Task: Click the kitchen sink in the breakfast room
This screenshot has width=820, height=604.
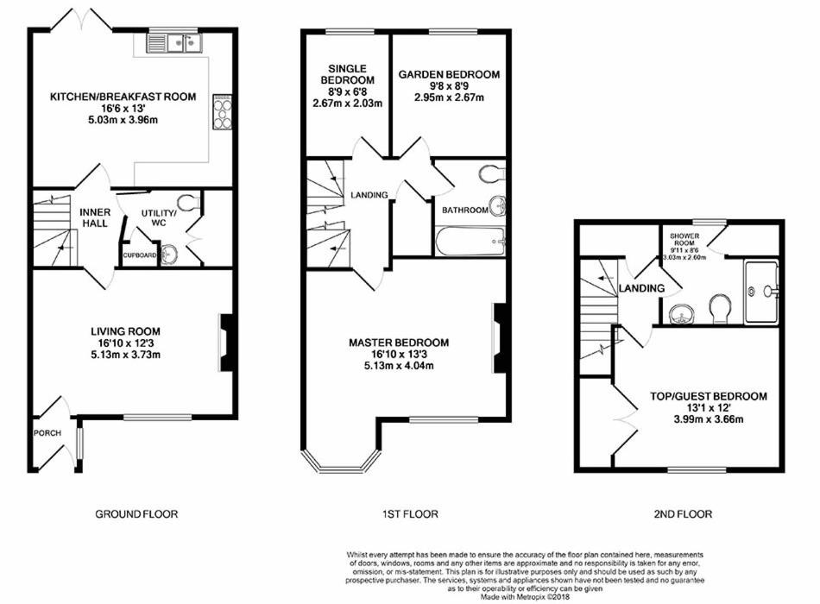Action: click(x=174, y=43)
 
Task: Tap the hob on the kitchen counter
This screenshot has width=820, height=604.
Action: click(x=222, y=112)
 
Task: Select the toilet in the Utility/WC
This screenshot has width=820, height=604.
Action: click(x=188, y=202)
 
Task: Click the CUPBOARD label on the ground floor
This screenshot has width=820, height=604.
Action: click(x=140, y=255)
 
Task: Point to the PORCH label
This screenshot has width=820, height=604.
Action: click(x=47, y=433)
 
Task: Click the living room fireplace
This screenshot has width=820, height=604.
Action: click(x=226, y=343)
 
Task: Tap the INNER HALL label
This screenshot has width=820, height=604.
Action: click(x=95, y=217)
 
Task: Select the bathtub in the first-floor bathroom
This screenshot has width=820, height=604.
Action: click(x=470, y=241)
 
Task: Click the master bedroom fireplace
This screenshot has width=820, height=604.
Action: click(x=500, y=338)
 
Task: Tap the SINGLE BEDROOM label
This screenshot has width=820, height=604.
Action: click(x=347, y=74)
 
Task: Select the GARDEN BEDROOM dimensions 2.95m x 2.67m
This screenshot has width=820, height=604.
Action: click(x=449, y=98)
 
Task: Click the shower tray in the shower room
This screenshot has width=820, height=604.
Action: click(x=761, y=292)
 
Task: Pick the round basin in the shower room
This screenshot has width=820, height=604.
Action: click(x=682, y=315)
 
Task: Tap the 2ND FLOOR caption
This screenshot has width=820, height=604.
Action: click(x=683, y=514)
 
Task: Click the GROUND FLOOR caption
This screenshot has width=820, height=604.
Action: click(x=136, y=514)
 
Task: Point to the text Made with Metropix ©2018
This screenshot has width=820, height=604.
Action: click(x=525, y=596)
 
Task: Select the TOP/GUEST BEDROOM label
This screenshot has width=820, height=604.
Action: click(x=709, y=396)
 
